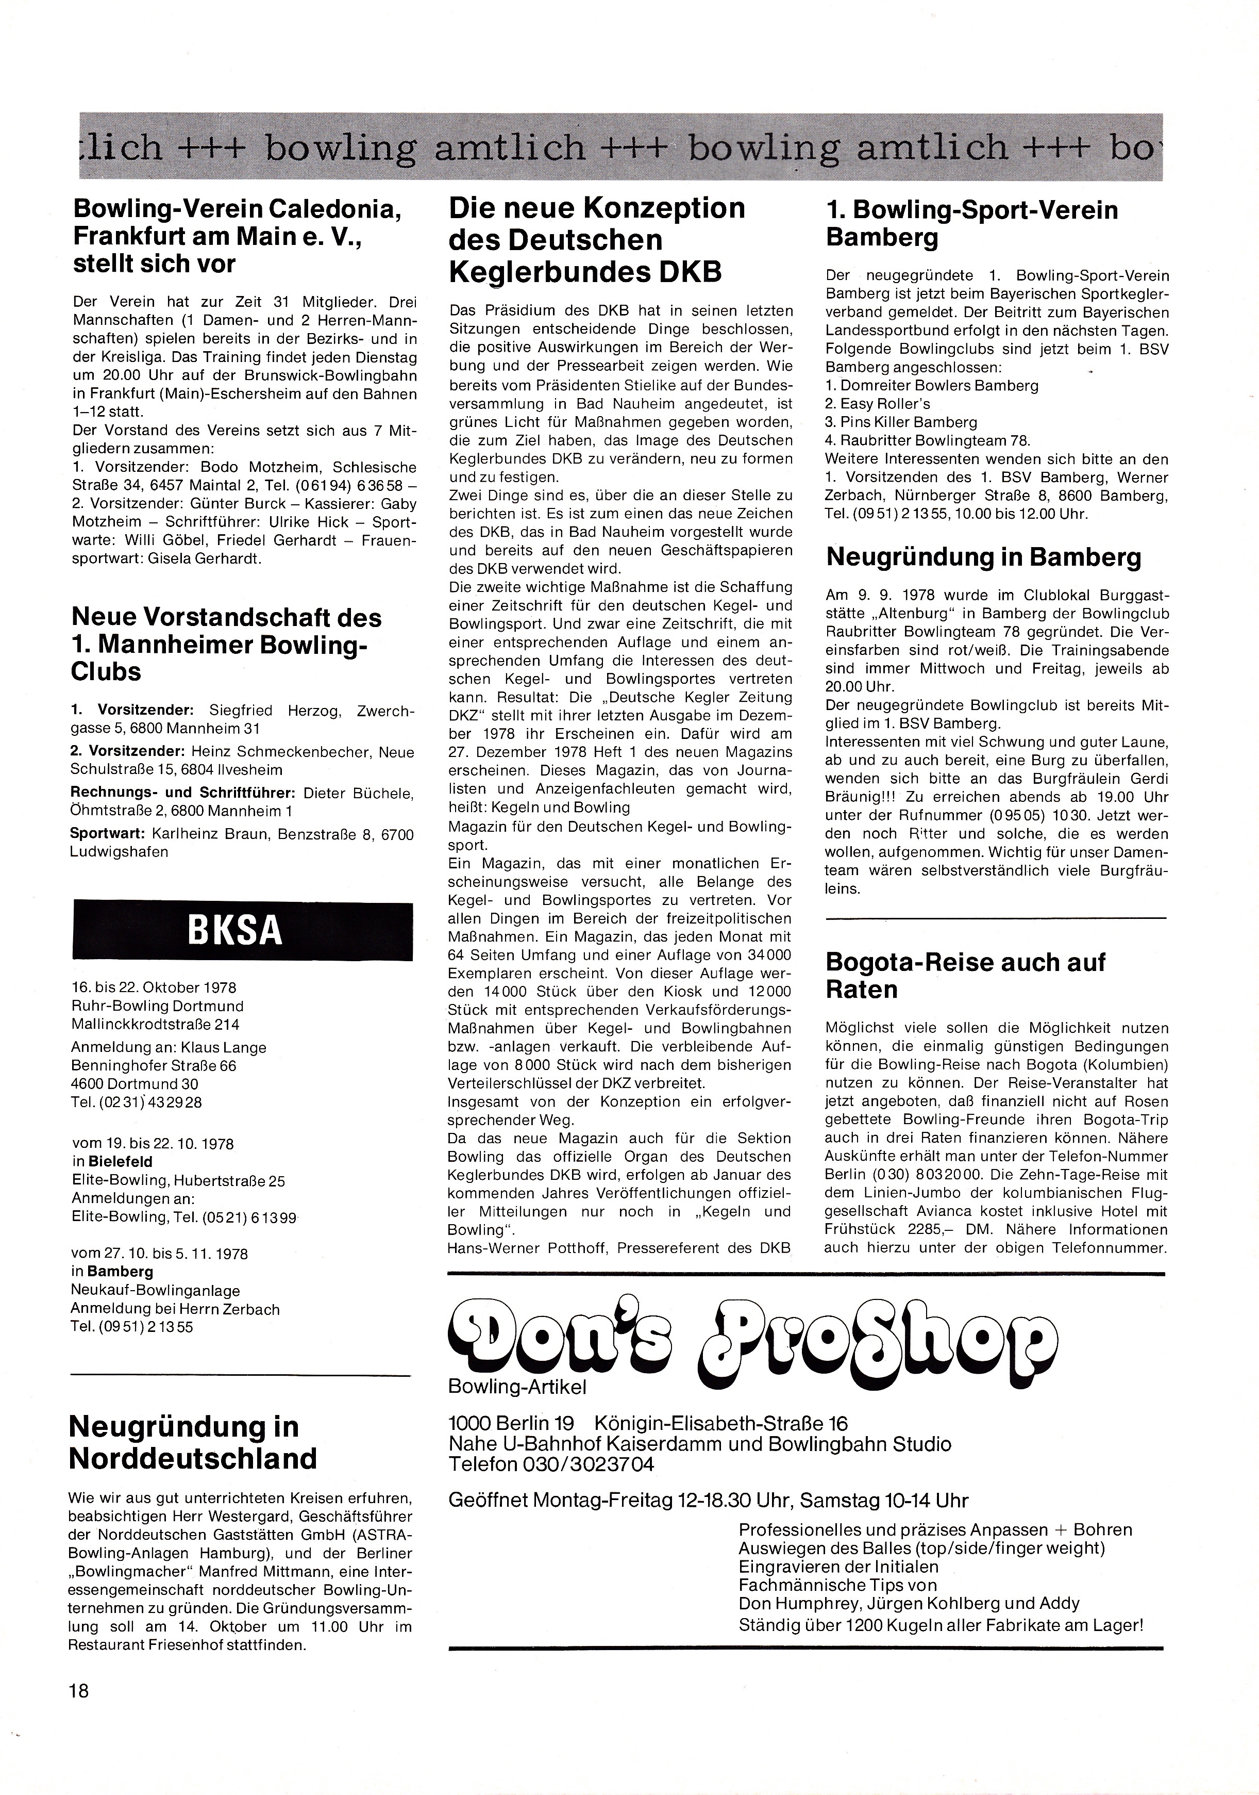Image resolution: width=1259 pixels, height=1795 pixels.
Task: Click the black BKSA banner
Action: click(242, 930)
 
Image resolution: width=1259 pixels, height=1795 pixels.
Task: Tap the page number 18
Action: click(79, 1691)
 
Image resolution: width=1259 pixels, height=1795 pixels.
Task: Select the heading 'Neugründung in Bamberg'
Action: click(983, 557)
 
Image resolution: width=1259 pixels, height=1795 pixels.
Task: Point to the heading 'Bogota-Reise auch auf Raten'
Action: click(965, 976)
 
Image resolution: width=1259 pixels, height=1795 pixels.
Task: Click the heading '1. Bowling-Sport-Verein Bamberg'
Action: click(971, 223)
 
